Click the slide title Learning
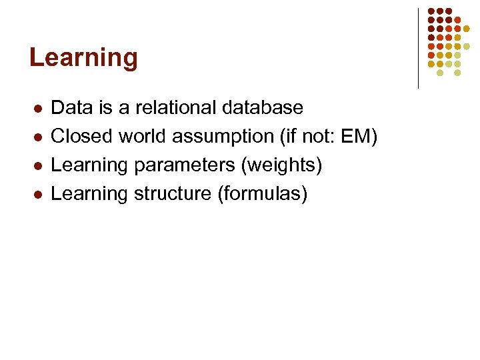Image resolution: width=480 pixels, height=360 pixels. pos(83,58)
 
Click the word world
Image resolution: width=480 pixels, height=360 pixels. pos(143,137)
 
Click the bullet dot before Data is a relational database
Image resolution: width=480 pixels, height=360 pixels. pos(39,108)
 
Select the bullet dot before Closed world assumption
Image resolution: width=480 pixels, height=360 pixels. pos(39,137)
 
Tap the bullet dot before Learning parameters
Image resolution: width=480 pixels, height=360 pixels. pos(39,166)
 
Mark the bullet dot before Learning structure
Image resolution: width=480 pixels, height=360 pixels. pos(39,195)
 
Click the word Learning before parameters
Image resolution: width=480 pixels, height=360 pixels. pos(89,165)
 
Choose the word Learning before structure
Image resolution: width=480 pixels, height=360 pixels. pos(89,194)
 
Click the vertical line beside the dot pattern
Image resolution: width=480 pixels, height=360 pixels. pos(418,48)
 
